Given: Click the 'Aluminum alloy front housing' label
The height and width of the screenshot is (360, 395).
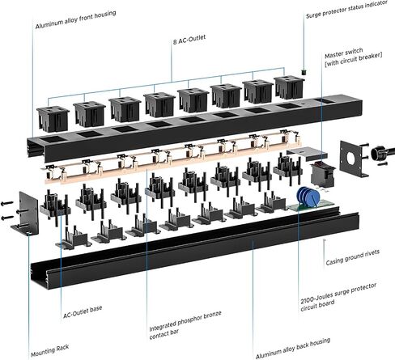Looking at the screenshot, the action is pos(76,19).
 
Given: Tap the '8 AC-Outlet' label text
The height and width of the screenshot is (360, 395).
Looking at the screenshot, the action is pos(189,40).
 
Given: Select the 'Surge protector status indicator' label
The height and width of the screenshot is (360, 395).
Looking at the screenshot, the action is pos(347,9).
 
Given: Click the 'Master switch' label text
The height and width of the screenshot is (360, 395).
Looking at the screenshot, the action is pos(344,53).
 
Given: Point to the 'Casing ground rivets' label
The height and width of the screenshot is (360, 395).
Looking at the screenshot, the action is pos(353,257).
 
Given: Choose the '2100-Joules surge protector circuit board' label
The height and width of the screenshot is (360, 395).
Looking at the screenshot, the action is pos(338,297).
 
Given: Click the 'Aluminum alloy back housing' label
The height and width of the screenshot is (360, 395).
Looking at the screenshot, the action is pos(293,348).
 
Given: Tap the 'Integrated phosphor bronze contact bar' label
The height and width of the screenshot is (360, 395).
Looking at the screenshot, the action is pos(185,325).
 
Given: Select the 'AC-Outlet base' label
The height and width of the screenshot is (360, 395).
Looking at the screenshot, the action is pos(83,311).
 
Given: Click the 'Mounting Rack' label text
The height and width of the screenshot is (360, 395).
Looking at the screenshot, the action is pos(50,350).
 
